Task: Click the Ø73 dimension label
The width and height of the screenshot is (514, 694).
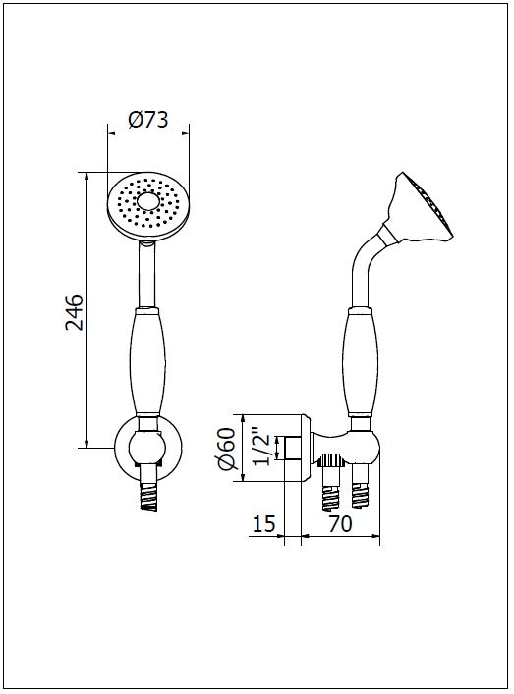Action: [x=148, y=119]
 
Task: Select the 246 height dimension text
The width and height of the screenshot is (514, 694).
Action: [x=75, y=311]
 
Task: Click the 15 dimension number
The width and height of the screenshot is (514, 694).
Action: [x=264, y=524]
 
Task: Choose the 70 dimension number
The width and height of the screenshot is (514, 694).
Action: [x=340, y=524]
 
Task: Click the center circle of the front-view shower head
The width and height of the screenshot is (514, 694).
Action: [x=148, y=202]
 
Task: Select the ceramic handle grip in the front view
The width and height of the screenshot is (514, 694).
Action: [x=147, y=362]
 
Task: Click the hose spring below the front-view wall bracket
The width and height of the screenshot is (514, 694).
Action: [x=148, y=497]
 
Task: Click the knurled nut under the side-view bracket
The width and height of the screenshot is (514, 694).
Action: [x=333, y=460]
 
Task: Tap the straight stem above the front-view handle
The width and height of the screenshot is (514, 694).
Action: [x=147, y=276]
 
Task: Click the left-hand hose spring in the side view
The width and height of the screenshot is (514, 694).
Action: [x=333, y=496]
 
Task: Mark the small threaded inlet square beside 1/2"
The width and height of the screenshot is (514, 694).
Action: [x=293, y=448]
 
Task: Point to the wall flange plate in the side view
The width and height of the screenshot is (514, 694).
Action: [x=307, y=449]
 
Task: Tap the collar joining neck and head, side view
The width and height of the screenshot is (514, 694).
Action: [x=389, y=235]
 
